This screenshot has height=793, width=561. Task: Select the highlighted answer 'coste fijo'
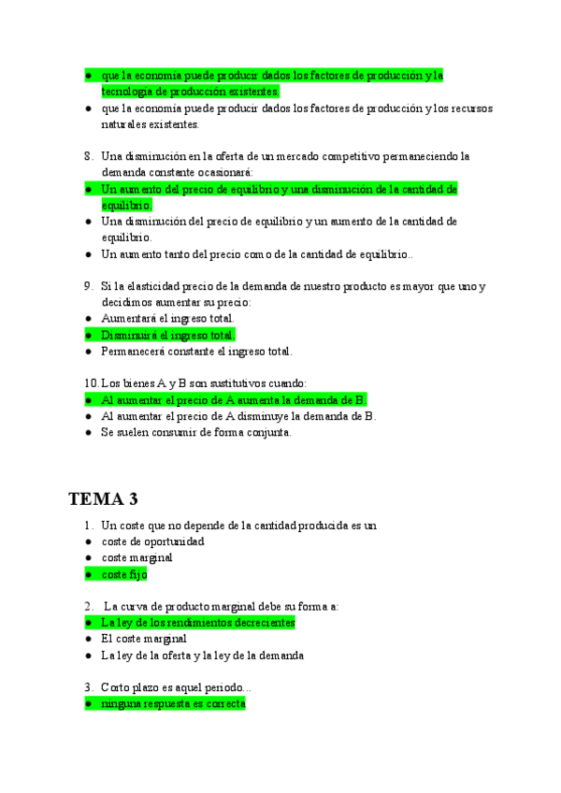pos(124,574)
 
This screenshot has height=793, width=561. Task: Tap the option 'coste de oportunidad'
pos(152,541)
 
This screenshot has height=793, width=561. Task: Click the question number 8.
pos(88,156)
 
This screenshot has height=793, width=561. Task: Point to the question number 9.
pos(88,286)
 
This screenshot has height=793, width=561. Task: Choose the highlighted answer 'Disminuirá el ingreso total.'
pos(168,335)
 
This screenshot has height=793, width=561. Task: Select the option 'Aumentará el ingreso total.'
pos(167,319)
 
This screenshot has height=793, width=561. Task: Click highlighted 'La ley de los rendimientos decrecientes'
pos(197,622)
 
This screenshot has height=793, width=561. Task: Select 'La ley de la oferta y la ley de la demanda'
pos(202,656)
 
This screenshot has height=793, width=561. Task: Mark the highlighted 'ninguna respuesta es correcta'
pos(173,703)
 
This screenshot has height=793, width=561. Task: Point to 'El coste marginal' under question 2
pos(144,639)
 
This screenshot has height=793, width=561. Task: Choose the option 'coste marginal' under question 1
pos(137,558)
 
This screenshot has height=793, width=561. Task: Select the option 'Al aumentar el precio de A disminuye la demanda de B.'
pos(237,416)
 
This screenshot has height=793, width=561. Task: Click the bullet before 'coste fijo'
pos(87,575)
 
